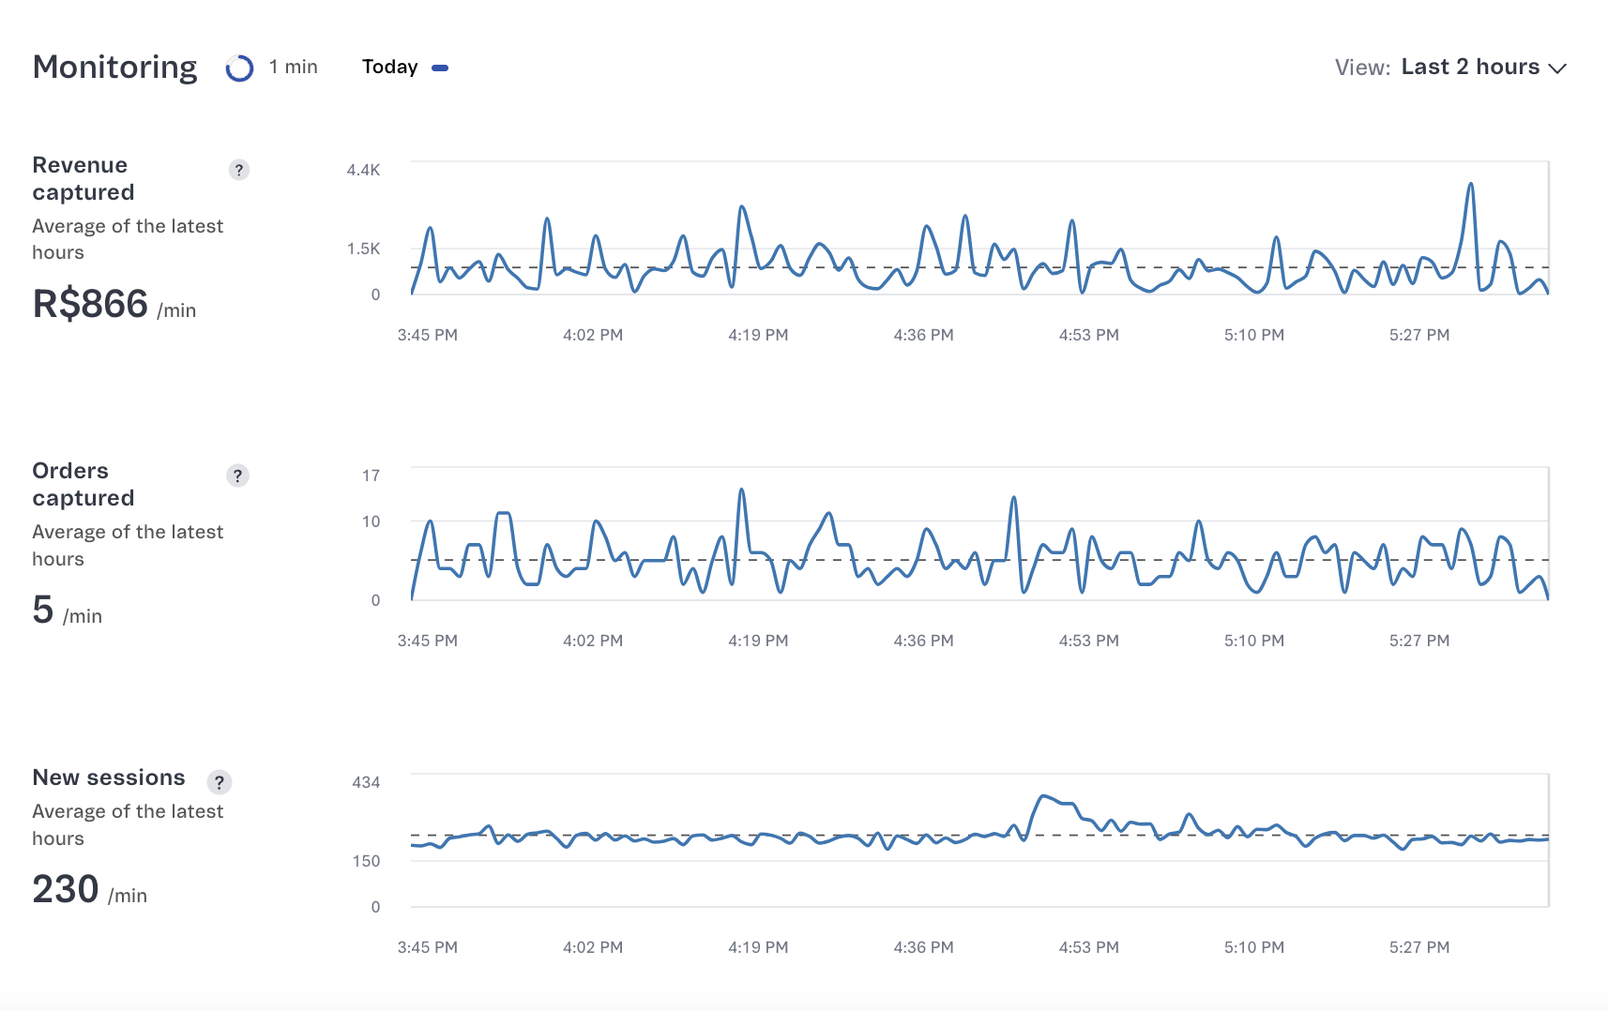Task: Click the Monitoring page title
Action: [x=114, y=68]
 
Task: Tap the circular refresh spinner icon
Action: [x=239, y=68]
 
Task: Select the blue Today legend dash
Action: [x=439, y=68]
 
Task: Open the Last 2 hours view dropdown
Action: [x=1483, y=68]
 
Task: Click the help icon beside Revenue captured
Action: [x=239, y=170]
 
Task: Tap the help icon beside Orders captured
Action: [x=237, y=475]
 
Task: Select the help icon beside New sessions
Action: [x=220, y=782]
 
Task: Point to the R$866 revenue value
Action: [x=90, y=304]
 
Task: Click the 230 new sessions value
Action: [x=66, y=889]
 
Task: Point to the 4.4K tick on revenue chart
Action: [x=363, y=170]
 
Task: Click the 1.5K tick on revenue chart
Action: [x=363, y=249]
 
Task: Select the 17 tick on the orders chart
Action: [x=371, y=475]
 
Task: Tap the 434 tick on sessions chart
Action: [x=366, y=782]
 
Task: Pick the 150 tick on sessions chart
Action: [x=366, y=861]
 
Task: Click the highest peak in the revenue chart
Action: [x=1471, y=185]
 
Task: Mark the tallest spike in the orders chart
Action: [x=741, y=490]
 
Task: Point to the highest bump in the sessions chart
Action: [x=1044, y=796]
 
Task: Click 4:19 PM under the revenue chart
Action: [x=758, y=335]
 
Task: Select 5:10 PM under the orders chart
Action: [x=1253, y=641]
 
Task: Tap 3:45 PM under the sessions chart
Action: [x=427, y=947]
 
